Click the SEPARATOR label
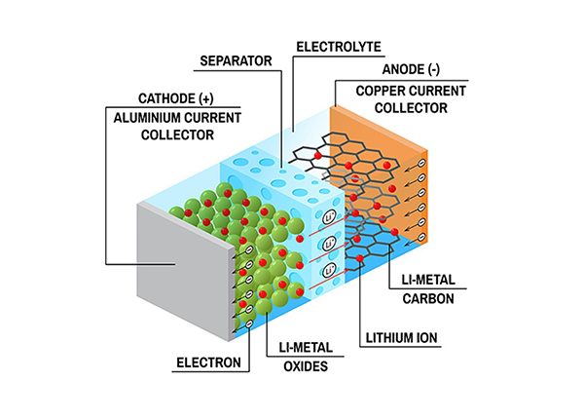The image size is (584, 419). pos(236,60)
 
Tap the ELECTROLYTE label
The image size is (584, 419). pos(339,47)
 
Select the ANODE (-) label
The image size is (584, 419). pos(411,69)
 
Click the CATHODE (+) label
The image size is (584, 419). pos(176,98)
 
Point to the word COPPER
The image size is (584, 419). pos(379,91)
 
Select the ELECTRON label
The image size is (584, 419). pos(208,362)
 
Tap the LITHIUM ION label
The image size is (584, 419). pos(401,338)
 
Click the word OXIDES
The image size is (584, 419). pos(306,366)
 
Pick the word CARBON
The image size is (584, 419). pos(428,298)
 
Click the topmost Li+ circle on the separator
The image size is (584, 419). pos(330,217)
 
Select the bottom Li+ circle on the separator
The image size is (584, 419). pos(330,270)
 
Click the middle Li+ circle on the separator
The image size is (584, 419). pos(330,244)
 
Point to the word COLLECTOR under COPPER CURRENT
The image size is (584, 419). pos(411,108)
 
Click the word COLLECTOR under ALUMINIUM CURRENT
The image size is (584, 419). pos(177,134)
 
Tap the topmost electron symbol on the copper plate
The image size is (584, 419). pos(421,163)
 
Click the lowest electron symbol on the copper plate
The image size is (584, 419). pos(421,237)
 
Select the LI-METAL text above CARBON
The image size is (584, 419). pos(428,280)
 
